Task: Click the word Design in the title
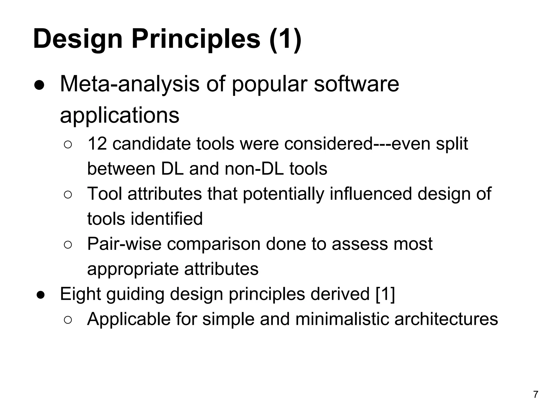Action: [x=78, y=40]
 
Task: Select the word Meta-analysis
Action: [x=130, y=84]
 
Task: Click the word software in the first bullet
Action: [x=356, y=84]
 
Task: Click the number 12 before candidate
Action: [x=97, y=144]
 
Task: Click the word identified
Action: [x=167, y=219]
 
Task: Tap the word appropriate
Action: [x=133, y=269]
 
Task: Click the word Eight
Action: [x=80, y=294]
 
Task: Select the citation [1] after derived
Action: [x=385, y=294]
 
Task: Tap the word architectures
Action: [x=446, y=319]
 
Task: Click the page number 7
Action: [x=536, y=395]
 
